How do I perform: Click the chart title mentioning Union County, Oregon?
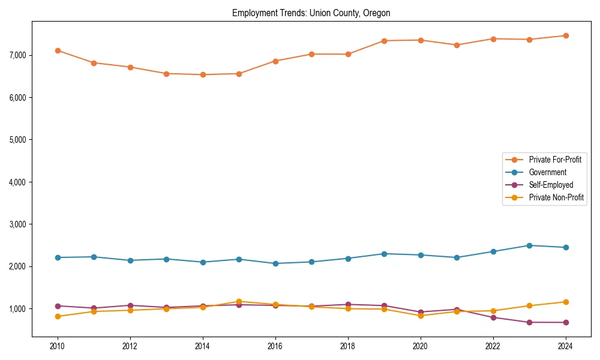pos(311,13)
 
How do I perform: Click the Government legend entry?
pos(547,172)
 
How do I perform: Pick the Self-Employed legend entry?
pos(551,185)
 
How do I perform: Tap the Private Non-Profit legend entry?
pos(556,197)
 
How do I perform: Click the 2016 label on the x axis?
pos(275,346)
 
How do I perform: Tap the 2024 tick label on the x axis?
pos(565,346)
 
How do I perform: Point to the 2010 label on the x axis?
pos(58,346)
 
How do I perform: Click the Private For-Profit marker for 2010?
pos(58,50)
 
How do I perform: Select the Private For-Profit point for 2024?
pos(565,35)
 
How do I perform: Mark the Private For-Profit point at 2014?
pos(203,75)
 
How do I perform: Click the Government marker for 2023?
pos(529,245)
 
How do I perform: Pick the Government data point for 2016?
pos(275,263)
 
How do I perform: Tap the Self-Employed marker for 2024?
pos(565,323)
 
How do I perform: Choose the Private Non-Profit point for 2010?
pos(58,316)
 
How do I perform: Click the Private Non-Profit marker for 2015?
pos(239,302)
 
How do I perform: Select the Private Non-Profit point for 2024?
pos(565,302)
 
